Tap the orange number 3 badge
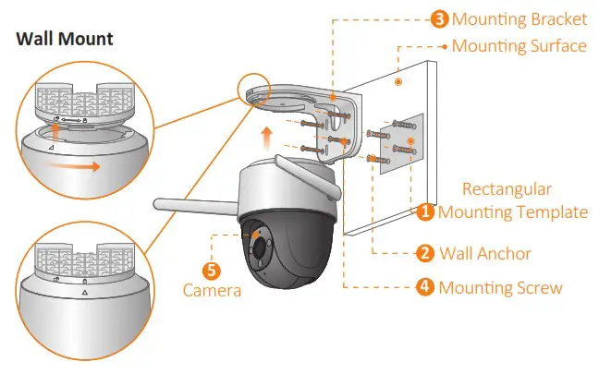pos(440,18)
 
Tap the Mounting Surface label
pos(519,45)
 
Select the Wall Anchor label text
pos(485,252)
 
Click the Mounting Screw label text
pos(500,287)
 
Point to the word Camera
pos(212,291)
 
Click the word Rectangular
pos(507,189)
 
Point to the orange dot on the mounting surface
pos(397,82)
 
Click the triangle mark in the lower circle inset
pos(83,292)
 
